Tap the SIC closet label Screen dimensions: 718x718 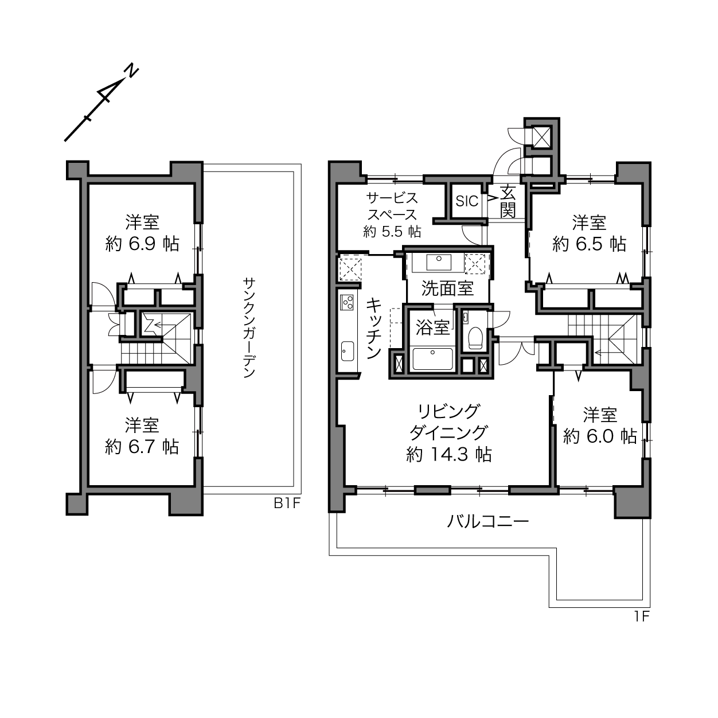pyautogui.click(x=467, y=201)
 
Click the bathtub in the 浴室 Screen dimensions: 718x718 pyautogui.click(x=432, y=359)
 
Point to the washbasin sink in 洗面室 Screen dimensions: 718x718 pyautogui.click(x=439, y=262)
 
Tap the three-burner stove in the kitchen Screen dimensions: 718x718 pyautogui.click(x=346, y=302)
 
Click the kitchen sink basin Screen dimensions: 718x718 pyautogui.click(x=347, y=351)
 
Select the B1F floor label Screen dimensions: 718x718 pyautogui.click(x=287, y=504)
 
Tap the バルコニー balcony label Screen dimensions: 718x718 pyautogui.click(x=487, y=522)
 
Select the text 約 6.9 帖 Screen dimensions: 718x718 pyautogui.click(x=142, y=244)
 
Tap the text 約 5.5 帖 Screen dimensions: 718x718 pyautogui.click(x=392, y=232)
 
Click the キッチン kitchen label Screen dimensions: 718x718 pyautogui.click(x=374, y=329)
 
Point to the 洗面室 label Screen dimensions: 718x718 pyautogui.click(x=447, y=288)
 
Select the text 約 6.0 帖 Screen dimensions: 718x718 pyautogui.click(x=600, y=436)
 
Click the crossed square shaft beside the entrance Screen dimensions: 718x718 pyautogui.click(x=540, y=136)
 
